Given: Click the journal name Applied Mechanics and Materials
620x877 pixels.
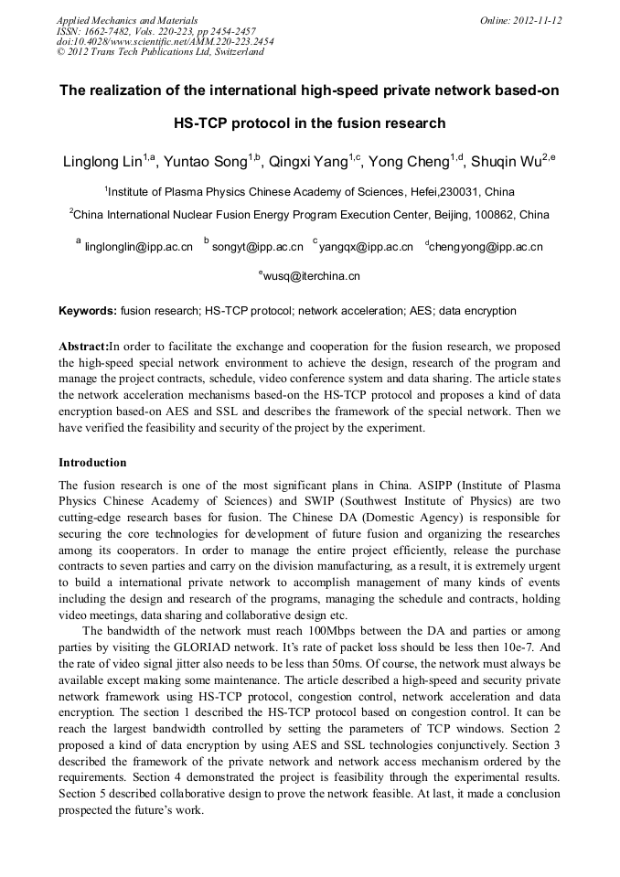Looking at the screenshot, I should (127, 20).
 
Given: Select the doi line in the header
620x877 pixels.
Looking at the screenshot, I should (166, 41).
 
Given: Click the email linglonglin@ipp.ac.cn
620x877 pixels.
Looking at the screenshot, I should (138, 247).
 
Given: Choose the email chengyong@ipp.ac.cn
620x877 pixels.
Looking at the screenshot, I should (486, 247).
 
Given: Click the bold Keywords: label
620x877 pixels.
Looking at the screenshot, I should (88, 311).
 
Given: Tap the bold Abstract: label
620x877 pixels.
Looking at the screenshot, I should (83, 347).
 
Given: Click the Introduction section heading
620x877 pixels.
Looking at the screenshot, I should (92, 463).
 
